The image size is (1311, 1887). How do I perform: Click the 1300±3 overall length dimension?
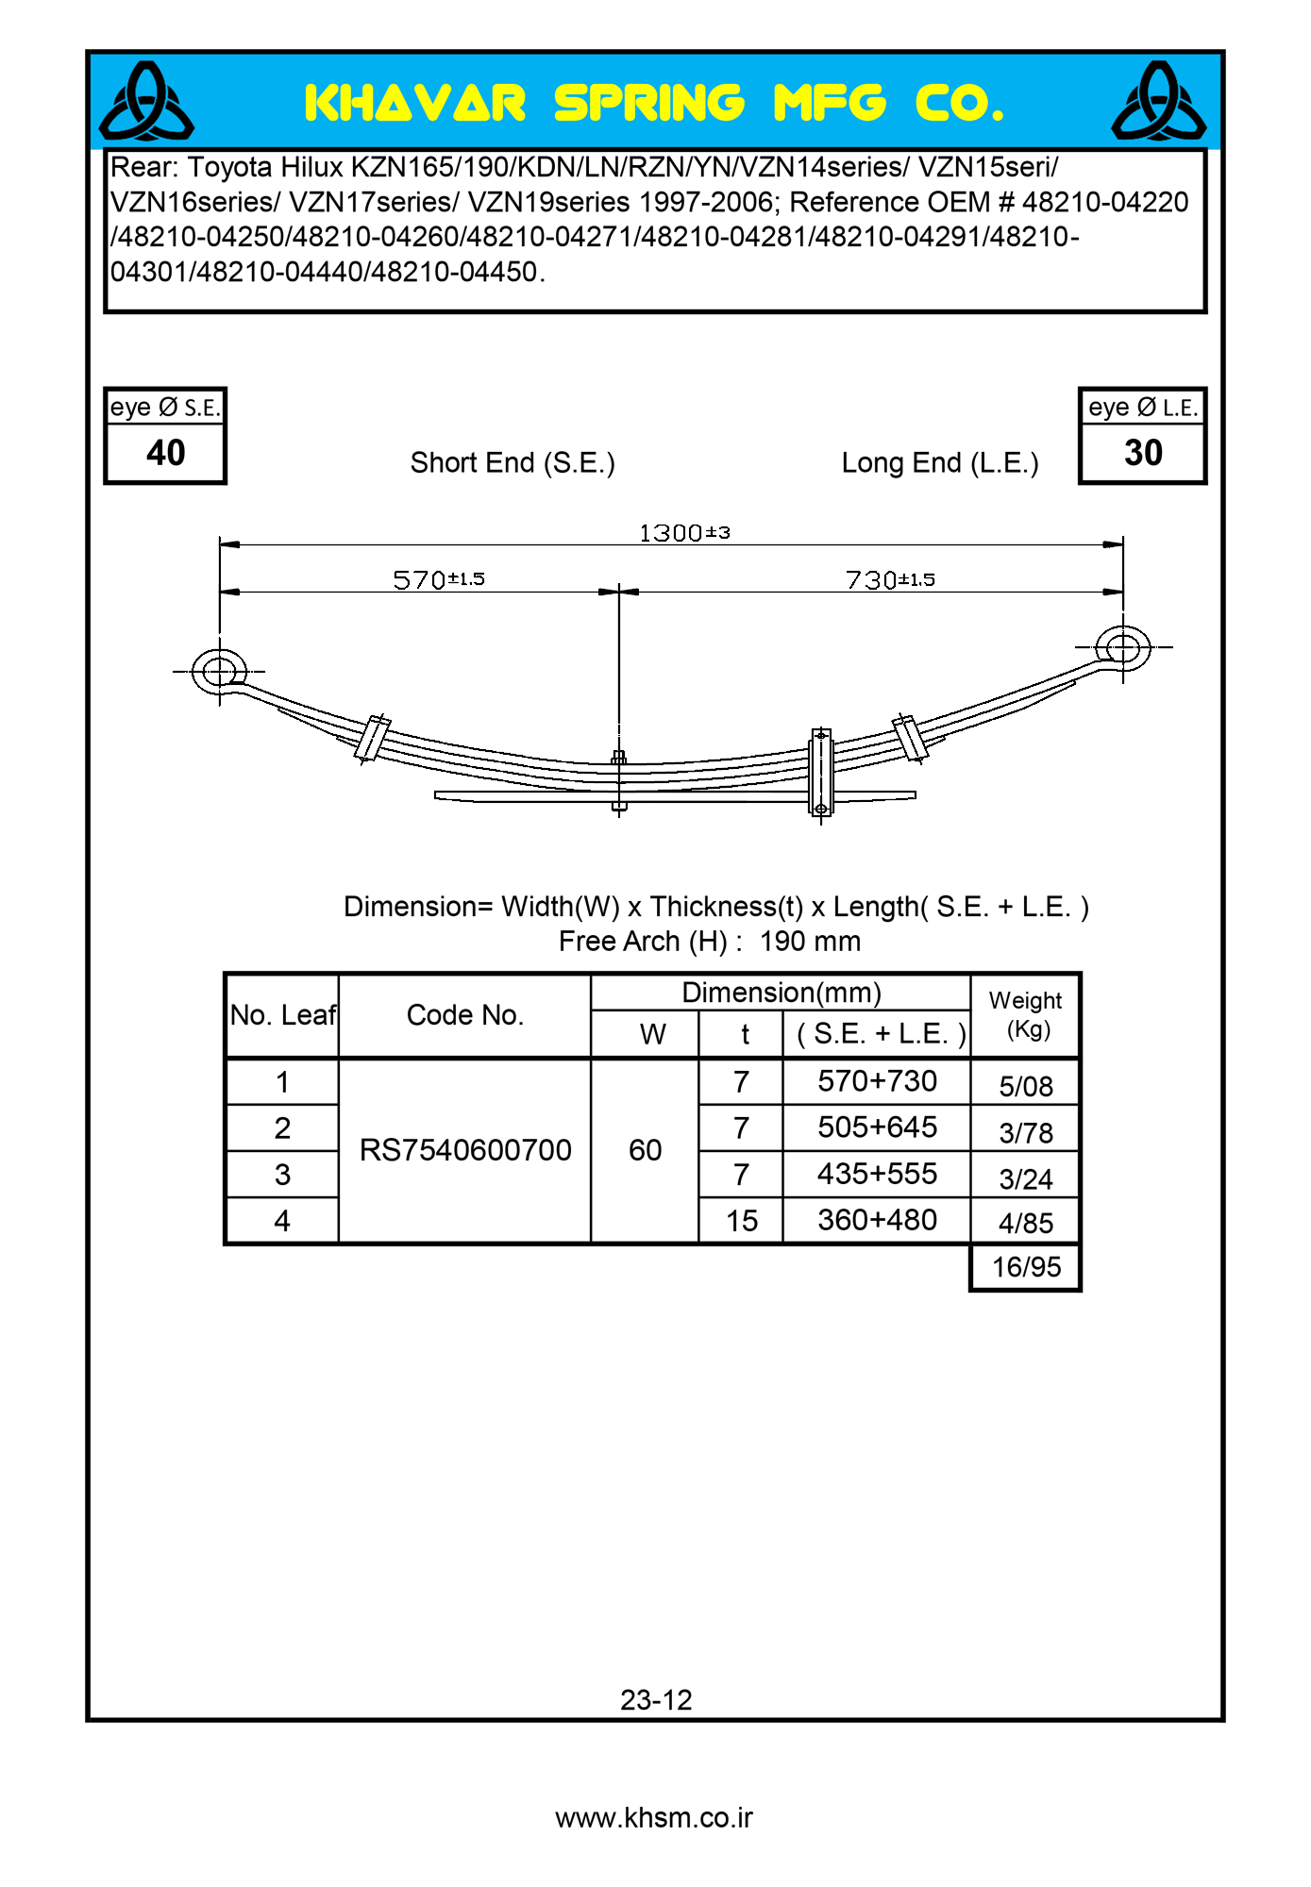click(684, 533)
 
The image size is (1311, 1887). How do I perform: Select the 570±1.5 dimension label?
click(439, 579)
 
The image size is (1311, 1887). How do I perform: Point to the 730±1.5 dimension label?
click(890, 579)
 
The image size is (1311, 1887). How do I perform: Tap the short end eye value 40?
click(165, 453)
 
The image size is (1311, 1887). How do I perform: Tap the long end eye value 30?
click(1143, 453)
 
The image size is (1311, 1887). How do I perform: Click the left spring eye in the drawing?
click(219, 672)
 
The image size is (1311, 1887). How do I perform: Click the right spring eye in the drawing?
click(1123, 647)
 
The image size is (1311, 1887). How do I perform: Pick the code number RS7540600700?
click(465, 1150)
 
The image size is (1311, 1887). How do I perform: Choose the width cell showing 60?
click(646, 1150)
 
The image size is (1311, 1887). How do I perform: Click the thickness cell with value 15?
click(742, 1221)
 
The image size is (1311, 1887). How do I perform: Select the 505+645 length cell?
click(877, 1127)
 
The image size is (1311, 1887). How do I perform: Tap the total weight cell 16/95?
click(1026, 1267)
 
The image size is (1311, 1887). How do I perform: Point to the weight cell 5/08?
click(1026, 1086)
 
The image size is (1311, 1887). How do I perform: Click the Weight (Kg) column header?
click(1026, 1015)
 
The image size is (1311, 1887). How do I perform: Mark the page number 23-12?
click(656, 1700)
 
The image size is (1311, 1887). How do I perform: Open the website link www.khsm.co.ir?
click(654, 1818)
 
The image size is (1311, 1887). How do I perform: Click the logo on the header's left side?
click(146, 101)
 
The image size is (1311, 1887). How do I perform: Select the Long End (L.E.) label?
click(940, 463)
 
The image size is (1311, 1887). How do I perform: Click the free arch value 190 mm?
click(810, 942)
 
